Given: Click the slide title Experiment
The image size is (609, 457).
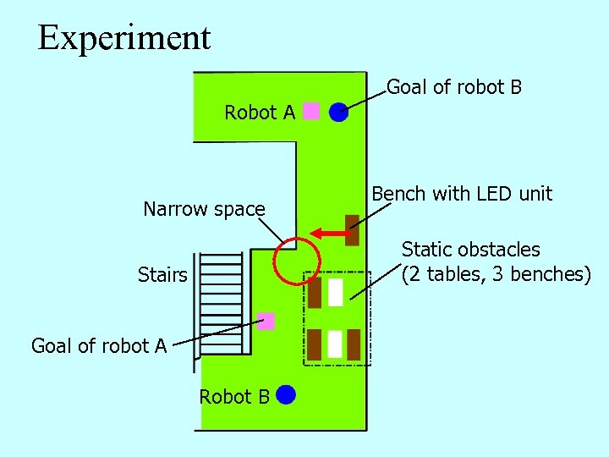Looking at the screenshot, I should click(x=124, y=38).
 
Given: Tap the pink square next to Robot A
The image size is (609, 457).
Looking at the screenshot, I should click(x=311, y=111).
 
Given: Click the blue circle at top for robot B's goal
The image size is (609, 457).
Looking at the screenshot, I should click(x=338, y=111).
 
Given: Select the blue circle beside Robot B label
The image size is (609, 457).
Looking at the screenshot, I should click(x=285, y=394).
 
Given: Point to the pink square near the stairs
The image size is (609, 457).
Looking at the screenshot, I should click(x=266, y=321).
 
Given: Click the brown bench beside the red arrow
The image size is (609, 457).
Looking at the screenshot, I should click(x=352, y=229).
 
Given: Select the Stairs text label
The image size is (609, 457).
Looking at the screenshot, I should click(x=162, y=275).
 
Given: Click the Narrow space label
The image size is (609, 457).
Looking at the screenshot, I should click(x=204, y=209).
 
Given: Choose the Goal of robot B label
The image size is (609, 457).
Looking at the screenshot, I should click(x=454, y=87).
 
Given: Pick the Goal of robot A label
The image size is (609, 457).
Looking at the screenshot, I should click(x=98, y=345).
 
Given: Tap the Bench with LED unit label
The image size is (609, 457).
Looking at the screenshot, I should click(x=462, y=194).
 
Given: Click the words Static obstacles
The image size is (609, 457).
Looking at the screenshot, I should click(x=470, y=250).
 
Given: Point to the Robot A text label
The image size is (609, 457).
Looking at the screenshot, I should click(x=260, y=113).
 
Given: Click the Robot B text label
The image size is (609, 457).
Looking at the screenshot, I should click(x=234, y=397).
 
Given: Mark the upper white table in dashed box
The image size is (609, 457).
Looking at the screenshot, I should click(x=335, y=292).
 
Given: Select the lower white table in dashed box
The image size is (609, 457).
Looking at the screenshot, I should click(x=334, y=344).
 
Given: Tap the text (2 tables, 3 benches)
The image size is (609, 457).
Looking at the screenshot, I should click(x=496, y=274).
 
